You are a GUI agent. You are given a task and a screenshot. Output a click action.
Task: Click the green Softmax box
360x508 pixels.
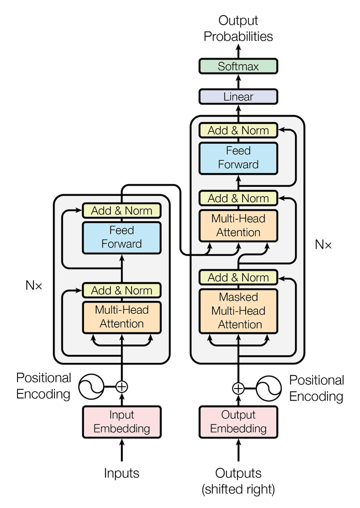[238, 66]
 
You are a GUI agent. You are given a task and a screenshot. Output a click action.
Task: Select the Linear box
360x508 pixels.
[238, 97]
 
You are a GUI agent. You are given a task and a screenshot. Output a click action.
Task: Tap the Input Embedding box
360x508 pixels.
[121, 422]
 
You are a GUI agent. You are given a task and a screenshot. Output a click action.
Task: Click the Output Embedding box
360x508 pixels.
[238, 422]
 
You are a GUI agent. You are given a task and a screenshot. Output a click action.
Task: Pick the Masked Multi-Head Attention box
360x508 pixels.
[238, 311]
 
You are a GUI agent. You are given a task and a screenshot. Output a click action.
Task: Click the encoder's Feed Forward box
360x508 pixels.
[121, 237]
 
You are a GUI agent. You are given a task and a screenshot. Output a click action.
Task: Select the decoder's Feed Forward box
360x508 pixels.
[238, 158]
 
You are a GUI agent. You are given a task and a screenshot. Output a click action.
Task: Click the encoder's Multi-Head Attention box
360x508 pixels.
[121, 317]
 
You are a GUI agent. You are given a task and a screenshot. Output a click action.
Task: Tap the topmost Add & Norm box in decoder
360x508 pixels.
[238, 131]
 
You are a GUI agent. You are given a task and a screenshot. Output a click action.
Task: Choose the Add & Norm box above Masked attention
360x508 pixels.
[238, 277]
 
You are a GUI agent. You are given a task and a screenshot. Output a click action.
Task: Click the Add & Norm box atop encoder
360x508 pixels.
[121, 210]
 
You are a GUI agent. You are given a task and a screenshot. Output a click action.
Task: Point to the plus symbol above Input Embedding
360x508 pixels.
[121, 386]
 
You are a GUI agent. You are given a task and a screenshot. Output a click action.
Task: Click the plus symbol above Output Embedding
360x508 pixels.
[238, 388]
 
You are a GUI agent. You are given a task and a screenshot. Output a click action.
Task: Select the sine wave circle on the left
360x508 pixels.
[91, 386]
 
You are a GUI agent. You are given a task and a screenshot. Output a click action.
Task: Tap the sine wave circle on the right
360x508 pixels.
[269, 388]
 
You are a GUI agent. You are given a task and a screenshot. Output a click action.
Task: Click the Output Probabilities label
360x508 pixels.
[238, 29]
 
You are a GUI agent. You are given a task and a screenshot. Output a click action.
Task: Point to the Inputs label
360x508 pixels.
[121, 473]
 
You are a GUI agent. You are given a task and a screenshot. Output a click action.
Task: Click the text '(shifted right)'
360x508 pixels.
[238, 489]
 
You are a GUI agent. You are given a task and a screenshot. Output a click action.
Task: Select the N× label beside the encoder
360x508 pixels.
[34, 286]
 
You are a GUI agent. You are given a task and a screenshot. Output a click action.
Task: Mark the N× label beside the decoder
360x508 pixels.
[323, 245]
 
